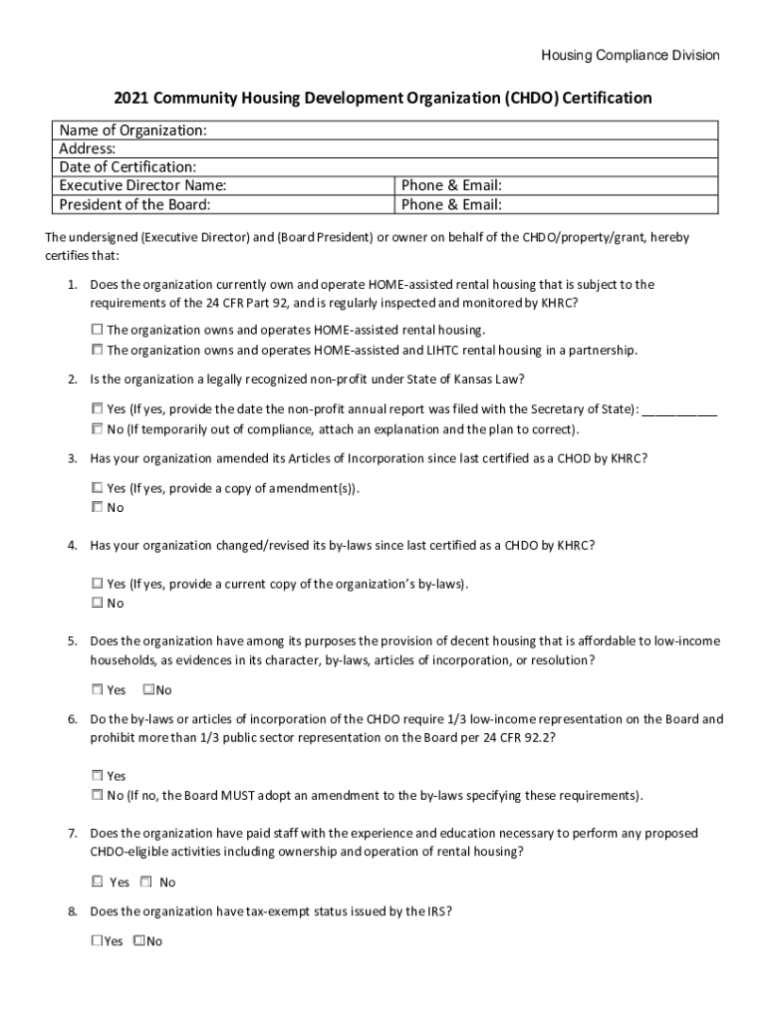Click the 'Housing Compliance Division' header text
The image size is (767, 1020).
point(630,56)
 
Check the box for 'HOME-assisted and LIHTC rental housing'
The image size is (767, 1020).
point(97,350)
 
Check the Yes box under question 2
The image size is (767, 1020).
point(97,408)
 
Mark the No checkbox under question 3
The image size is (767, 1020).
point(97,507)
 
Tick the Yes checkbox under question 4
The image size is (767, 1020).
point(97,583)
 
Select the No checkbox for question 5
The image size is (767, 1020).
point(148,689)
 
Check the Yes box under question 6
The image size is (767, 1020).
point(97,775)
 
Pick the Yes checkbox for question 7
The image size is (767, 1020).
point(97,882)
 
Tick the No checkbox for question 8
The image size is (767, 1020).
point(138,940)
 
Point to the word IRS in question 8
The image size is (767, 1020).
point(440,911)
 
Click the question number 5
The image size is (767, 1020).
point(72,640)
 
